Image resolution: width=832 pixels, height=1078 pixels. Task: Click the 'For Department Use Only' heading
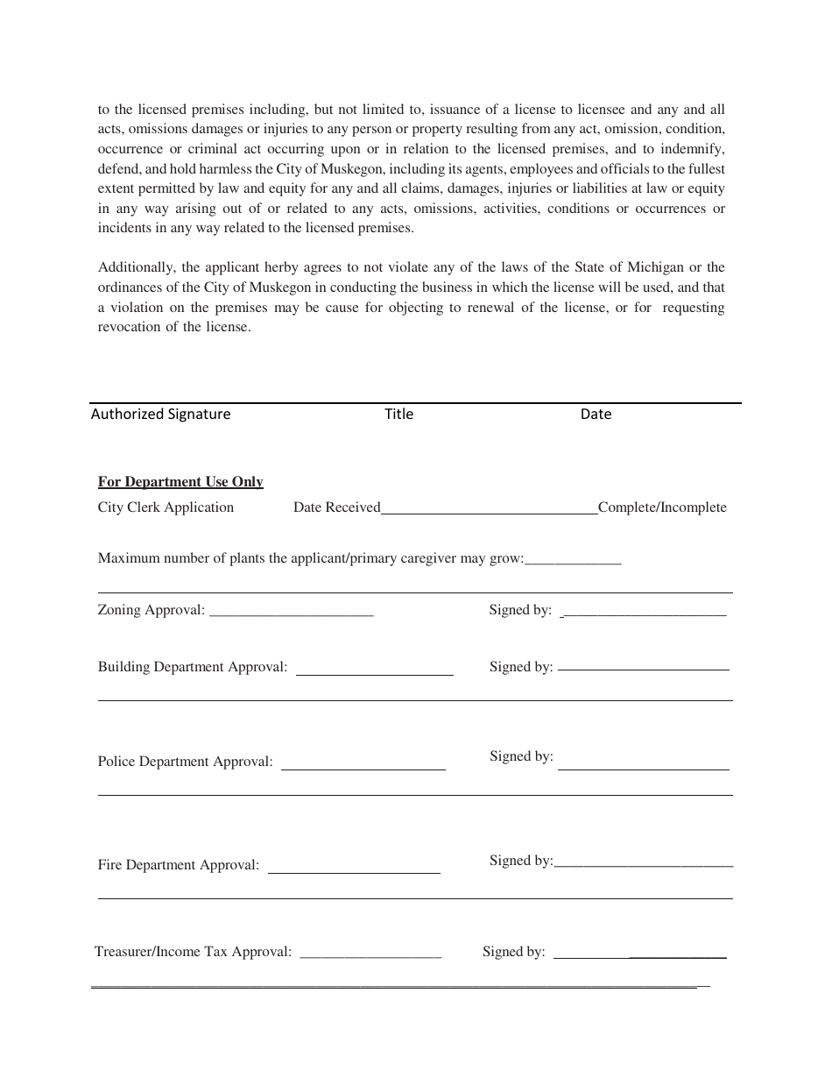[180, 482]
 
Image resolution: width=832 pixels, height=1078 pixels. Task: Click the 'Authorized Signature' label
[160, 414]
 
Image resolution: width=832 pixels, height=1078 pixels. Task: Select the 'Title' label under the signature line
[398, 414]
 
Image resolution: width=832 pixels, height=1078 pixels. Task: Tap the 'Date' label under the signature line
[596, 414]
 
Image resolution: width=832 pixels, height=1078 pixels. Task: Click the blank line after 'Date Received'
[489, 508]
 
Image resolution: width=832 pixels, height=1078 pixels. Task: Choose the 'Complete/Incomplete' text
[662, 507]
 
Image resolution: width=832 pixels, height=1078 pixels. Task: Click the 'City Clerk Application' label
[166, 507]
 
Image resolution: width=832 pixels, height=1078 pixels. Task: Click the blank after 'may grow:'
[573, 560]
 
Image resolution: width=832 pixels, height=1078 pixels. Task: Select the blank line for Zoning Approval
[292, 612]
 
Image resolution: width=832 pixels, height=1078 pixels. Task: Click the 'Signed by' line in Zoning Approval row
[644, 612]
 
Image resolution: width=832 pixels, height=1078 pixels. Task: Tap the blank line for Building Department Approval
[375, 670]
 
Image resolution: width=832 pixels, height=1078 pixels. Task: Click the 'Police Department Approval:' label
[185, 762]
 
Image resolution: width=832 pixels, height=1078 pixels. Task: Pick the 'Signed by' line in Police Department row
[644, 764]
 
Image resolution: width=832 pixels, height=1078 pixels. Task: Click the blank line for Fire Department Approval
[354, 868]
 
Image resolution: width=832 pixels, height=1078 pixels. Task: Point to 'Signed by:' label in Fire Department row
[521, 861]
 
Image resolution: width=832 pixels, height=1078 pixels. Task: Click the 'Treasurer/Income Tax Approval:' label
[193, 952]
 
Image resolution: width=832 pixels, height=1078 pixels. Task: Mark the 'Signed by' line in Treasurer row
[640, 954]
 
